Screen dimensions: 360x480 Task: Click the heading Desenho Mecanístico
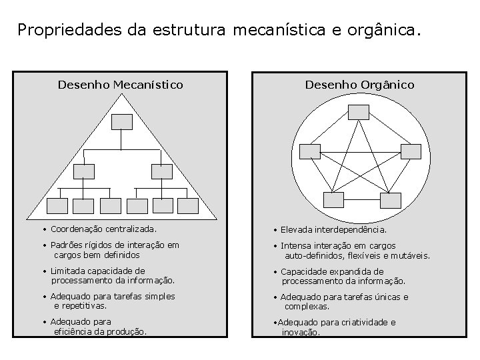[x=120, y=85]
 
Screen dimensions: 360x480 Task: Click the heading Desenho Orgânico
[x=359, y=85]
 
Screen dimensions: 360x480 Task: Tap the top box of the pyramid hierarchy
[x=121, y=121]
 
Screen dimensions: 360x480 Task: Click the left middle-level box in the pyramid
[x=84, y=171]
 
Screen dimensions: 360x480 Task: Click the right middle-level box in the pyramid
[x=161, y=171]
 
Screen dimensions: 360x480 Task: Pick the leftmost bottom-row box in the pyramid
[x=57, y=206]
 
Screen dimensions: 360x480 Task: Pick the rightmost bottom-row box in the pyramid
[x=188, y=206]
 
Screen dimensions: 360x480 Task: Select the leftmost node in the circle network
[x=310, y=151]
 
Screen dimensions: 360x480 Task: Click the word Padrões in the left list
[x=67, y=245]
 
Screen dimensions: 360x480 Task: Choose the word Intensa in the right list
[x=297, y=246]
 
